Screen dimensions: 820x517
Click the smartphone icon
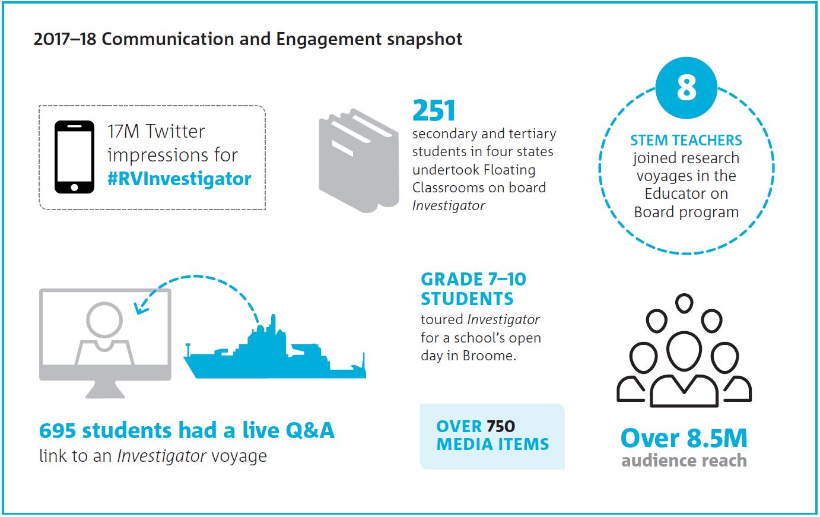74,157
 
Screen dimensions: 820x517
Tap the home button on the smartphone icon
74,188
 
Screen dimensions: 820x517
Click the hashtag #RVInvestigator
179,179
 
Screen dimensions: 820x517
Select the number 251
434,110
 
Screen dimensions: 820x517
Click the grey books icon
359,160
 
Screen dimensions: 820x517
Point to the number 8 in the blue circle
686,88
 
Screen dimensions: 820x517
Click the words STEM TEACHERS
686,140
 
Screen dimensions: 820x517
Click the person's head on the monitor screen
104,320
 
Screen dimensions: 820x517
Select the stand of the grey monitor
105,389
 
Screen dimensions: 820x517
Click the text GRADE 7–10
473,280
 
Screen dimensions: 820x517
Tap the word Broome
490,356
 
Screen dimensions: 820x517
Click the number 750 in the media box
501,426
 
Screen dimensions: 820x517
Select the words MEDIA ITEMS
492,444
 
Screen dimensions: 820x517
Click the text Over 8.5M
684,438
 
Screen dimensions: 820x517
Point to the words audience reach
684,460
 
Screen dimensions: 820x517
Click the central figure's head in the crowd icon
684,351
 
